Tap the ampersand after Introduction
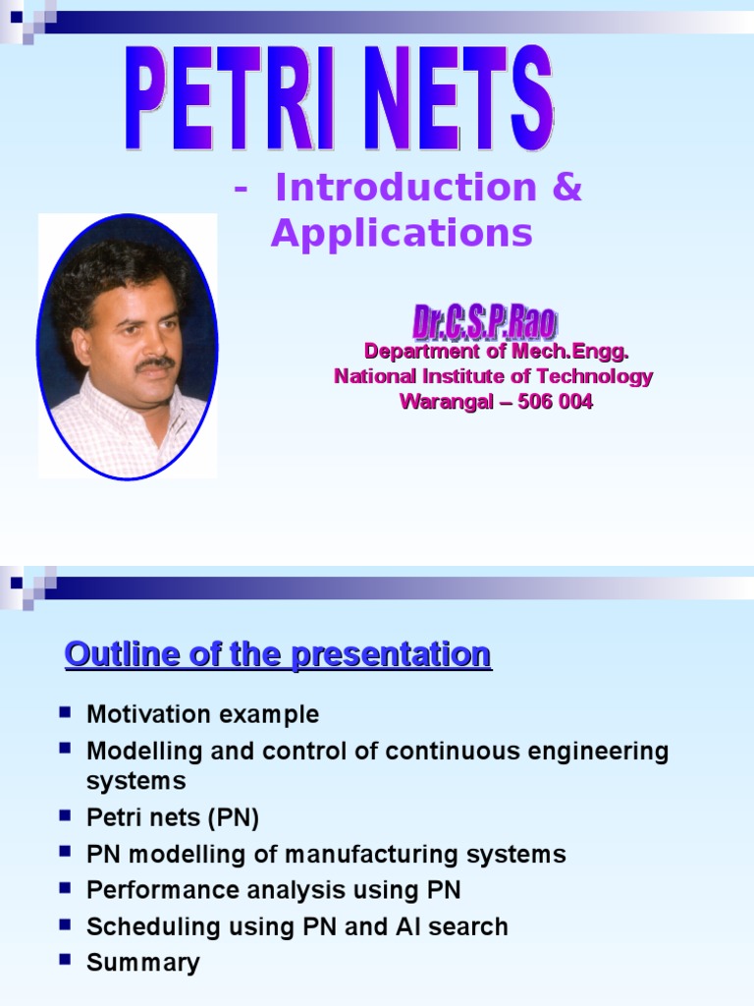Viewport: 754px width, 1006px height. (566, 188)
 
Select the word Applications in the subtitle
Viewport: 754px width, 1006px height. (402, 234)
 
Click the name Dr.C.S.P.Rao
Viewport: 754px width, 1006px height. (484, 322)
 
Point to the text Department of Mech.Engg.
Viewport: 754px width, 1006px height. (496, 351)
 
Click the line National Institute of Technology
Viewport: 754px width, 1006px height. (493, 376)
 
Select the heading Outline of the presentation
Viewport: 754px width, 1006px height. (278, 653)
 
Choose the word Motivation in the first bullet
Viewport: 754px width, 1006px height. (144, 714)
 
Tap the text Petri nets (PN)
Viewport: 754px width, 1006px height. (173, 817)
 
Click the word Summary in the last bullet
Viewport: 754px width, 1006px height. (142, 963)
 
